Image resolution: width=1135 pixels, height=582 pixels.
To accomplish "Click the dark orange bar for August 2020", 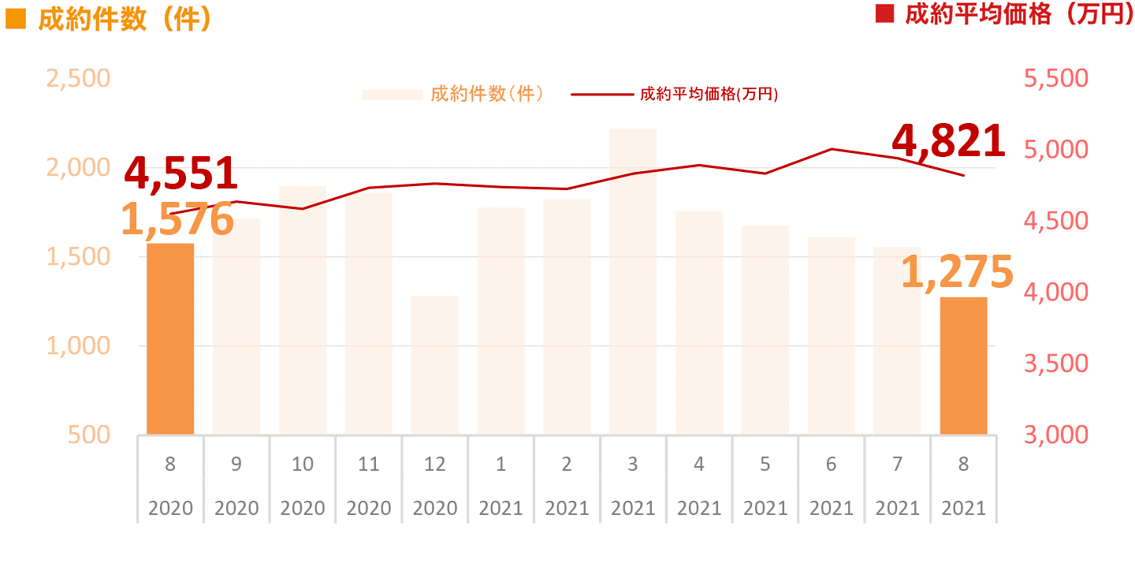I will click(x=170, y=339).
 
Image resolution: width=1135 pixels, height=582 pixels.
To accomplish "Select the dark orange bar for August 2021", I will click(x=963, y=366).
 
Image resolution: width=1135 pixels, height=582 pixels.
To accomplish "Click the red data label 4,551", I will click(x=181, y=173).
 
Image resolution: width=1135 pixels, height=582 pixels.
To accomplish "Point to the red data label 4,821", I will click(x=948, y=142).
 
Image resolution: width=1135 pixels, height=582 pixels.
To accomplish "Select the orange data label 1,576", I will click(x=177, y=219).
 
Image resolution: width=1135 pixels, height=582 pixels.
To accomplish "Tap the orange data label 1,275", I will click(x=956, y=272).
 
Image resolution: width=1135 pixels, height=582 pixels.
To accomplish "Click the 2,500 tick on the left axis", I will click(x=78, y=79).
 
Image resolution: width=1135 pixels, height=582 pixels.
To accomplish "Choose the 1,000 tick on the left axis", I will click(x=78, y=345).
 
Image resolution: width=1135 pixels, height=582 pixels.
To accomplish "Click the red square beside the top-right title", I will click(x=886, y=15).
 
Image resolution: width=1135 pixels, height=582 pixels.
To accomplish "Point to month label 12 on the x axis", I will click(x=434, y=464).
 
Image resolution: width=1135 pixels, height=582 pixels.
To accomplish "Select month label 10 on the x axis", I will click(x=303, y=464).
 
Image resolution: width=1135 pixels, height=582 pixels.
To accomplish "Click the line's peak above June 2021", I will click(x=832, y=148).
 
